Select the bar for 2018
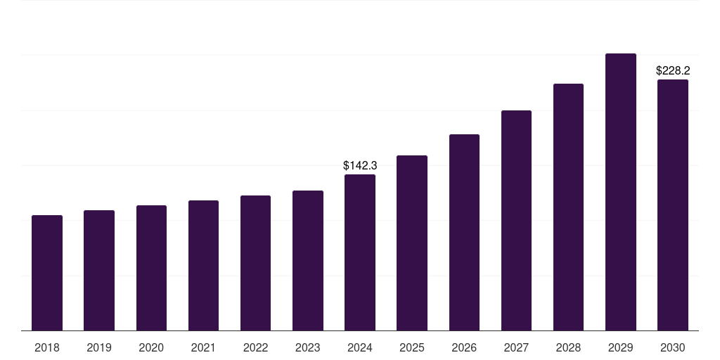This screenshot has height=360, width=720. [x=47, y=273]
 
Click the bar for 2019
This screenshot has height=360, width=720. [x=99, y=271]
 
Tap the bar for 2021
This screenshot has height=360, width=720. [x=203, y=265]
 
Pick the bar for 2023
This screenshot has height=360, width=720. [x=308, y=260]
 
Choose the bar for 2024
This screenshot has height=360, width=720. [x=360, y=252]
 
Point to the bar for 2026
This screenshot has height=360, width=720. [x=464, y=232]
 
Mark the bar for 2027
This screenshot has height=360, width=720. [x=516, y=220]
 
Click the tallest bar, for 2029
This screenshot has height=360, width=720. [x=621, y=192]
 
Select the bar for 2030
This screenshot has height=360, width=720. [x=673, y=205]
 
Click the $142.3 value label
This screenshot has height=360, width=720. [x=360, y=166]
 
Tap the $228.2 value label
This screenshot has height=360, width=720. [x=673, y=71]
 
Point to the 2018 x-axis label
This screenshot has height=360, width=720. [x=47, y=347]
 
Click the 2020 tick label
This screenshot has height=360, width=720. [x=151, y=347]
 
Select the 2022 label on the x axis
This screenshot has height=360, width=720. [x=255, y=347]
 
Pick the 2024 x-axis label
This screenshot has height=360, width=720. [x=360, y=347]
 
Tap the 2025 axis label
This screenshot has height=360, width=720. [x=412, y=347]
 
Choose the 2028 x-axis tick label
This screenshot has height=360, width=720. [x=568, y=347]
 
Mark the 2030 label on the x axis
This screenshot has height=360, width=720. [x=673, y=347]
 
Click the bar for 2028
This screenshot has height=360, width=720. [x=568, y=207]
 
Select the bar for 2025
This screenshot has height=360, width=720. [x=412, y=243]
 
